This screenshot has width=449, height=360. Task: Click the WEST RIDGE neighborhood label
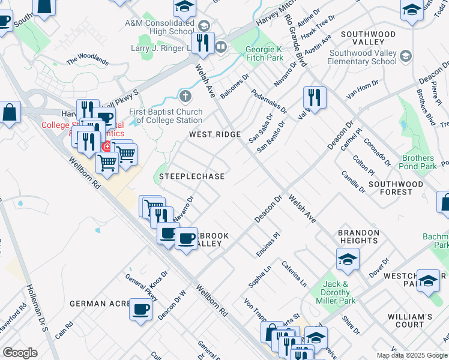coord(215,134)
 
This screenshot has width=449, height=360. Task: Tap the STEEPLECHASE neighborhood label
coord(191,176)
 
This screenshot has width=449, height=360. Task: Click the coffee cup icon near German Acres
coord(140,310)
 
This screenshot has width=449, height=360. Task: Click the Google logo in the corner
coord(20,353)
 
